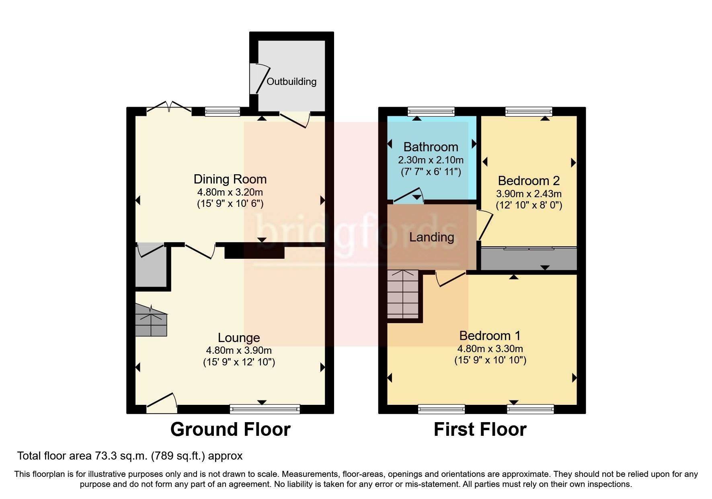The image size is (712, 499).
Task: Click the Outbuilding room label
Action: (291, 82)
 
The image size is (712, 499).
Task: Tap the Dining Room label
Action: (230, 179)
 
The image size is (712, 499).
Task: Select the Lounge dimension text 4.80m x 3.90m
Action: (239, 350)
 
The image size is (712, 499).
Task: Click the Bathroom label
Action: (431, 147)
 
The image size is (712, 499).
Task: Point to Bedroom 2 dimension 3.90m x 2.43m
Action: (529, 194)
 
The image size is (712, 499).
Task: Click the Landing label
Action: (431, 237)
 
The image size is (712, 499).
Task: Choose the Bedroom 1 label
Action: (490, 336)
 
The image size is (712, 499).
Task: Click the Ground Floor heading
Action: (230, 429)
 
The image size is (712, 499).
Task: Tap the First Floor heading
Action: (480, 429)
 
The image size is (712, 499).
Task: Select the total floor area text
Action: (130, 456)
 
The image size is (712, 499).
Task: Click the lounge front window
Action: (265, 409)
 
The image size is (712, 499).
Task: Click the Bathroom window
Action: (431, 111)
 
